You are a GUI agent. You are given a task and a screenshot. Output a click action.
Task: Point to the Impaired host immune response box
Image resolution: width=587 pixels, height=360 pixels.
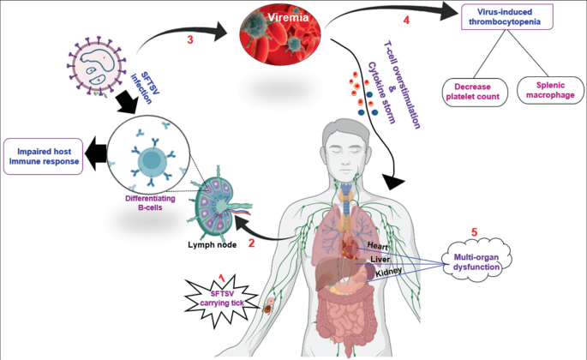pyautogui.click(x=43, y=155)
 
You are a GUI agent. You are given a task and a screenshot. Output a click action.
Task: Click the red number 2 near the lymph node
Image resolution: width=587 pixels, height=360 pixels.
pyautogui.click(x=252, y=243)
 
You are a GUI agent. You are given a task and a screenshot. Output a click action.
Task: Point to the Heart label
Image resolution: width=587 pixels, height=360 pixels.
pyautogui.click(x=378, y=245)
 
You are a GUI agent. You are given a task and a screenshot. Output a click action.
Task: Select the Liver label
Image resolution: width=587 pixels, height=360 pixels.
pyautogui.click(x=380, y=258)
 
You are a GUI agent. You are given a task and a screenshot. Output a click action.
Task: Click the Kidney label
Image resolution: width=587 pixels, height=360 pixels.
pyautogui.click(x=386, y=272)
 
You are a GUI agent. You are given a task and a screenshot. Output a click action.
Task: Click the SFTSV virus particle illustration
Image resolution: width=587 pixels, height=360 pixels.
pyautogui.click(x=96, y=67)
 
